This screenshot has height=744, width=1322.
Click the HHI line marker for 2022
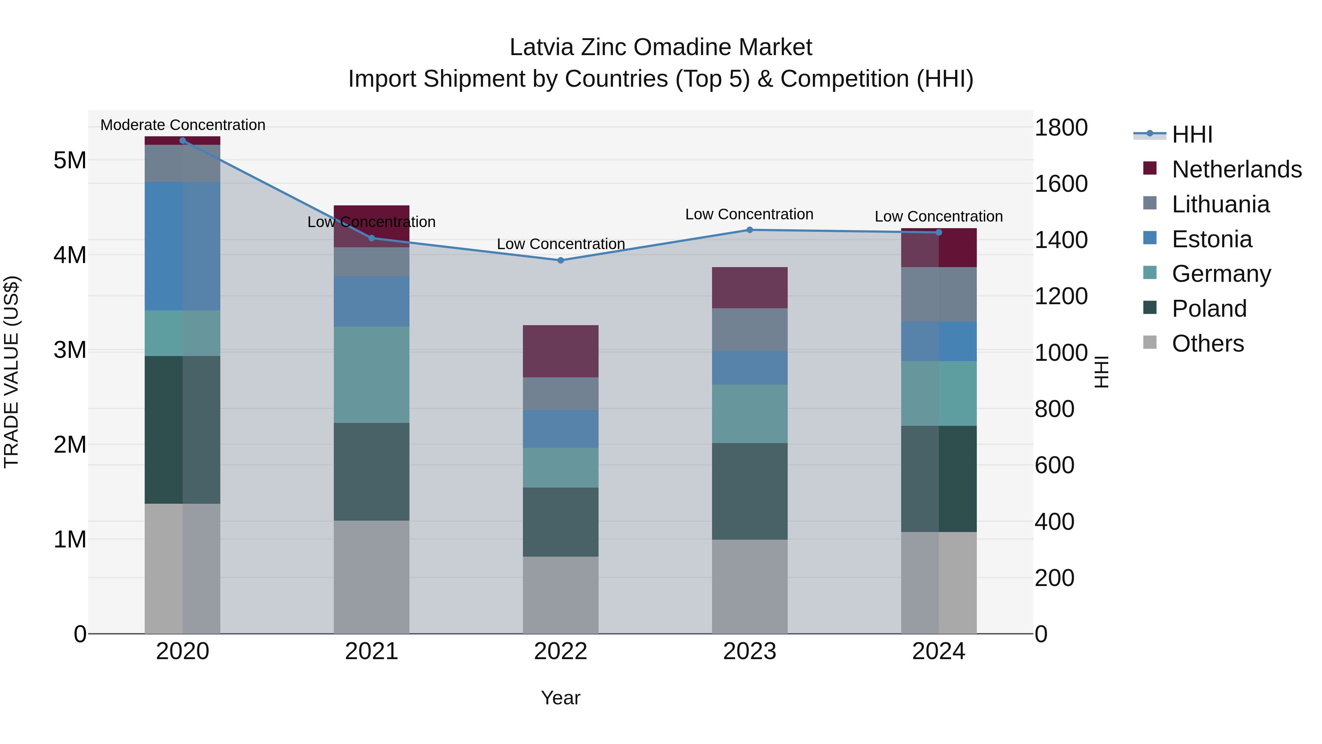(x=560, y=260)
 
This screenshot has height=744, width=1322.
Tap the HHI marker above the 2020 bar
(x=183, y=140)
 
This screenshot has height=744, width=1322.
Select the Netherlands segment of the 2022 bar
(x=560, y=351)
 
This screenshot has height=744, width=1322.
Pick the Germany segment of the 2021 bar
(x=372, y=374)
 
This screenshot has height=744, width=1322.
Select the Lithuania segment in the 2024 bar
(x=939, y=294)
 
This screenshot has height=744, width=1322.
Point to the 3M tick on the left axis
(x=70, y=350)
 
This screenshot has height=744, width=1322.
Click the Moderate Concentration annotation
(x=183, y=125)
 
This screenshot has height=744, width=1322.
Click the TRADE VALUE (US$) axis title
(x=11, y=372)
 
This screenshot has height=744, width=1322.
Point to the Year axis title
(x=560, y=698)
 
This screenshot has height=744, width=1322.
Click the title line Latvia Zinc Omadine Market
(x=661, y=47)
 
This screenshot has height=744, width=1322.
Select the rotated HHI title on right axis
(x=1102, y=372)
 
